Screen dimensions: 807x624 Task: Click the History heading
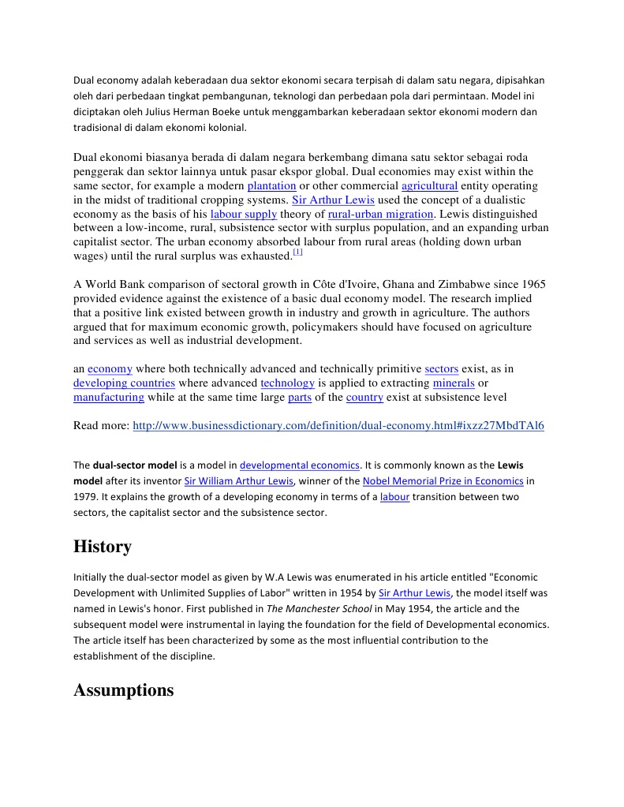point(103,547)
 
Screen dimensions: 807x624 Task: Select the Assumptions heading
point(123,690)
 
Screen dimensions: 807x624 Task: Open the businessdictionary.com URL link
point(338,426)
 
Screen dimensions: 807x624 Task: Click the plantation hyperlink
point(271,186)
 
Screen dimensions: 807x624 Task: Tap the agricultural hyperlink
point(429,186)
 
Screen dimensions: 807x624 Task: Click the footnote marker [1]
point(297,252)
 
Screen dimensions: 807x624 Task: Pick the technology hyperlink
point(287,383)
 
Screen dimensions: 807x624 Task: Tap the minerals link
point(454,383)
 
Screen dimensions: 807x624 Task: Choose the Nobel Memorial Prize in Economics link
point(443,481)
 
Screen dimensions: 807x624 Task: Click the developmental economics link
point(300,465)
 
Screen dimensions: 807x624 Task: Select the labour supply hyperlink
point(244,215)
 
